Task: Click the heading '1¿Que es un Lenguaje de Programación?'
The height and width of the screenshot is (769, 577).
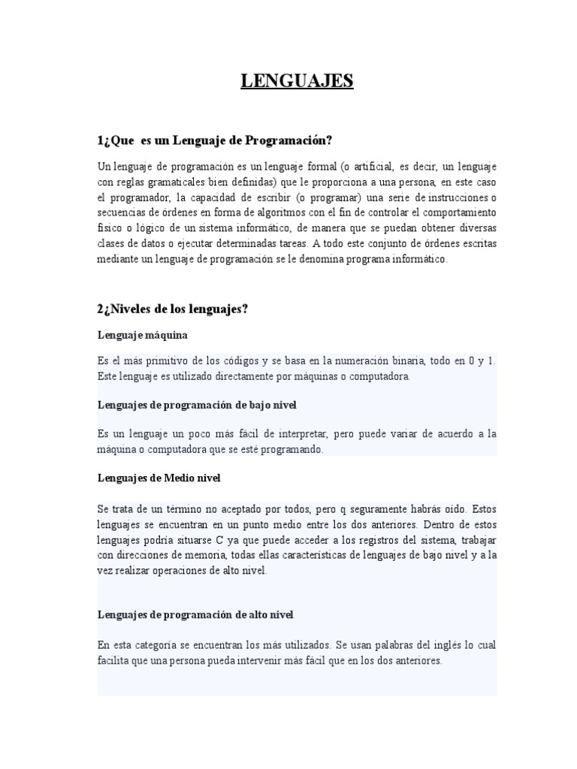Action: coord(214,140)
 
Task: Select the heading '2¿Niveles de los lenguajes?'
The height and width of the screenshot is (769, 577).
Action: coord(173,309)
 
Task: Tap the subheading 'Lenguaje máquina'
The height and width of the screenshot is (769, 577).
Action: coord(143,334)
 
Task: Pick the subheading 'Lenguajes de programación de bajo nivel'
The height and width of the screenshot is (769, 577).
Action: coord(198,405)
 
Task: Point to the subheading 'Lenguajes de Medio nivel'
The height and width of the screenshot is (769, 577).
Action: coord(159,477)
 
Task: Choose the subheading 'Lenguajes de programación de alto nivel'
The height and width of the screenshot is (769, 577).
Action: coord(195,614)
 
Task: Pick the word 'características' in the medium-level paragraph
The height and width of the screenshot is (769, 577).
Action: coord(297,555)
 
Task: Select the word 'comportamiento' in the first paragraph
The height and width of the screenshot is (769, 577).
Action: coord(458,213)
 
